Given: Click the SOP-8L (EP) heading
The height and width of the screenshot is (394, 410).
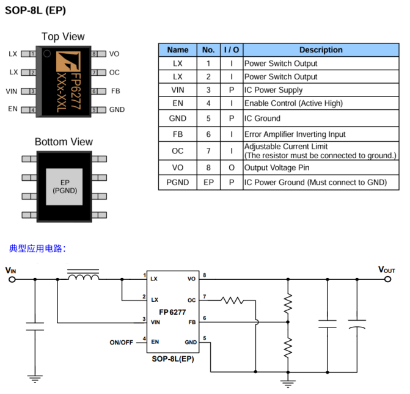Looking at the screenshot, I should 35,10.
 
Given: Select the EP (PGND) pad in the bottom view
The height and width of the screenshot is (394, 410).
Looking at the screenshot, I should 64,186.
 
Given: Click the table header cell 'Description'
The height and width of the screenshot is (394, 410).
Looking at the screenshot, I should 320,50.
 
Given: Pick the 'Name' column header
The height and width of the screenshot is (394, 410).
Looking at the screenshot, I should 177,50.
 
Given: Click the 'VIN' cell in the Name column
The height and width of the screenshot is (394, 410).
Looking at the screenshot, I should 177,90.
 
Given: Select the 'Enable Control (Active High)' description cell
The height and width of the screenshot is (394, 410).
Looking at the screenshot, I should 293,103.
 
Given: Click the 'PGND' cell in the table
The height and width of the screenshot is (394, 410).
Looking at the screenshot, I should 177,182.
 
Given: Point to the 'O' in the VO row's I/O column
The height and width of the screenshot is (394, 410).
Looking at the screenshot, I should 231,167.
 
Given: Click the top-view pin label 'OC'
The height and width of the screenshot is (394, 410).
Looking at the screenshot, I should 114,73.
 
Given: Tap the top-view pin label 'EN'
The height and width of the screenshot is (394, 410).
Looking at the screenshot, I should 13,109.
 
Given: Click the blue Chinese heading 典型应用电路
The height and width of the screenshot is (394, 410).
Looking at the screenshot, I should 37,249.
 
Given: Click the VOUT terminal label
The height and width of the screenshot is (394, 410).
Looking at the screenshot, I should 387,269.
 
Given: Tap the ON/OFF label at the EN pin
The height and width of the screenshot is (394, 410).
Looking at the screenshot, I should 121,343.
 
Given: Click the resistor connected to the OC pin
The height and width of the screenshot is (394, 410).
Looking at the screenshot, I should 232,300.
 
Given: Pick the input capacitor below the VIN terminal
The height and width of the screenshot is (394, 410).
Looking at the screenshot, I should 35,326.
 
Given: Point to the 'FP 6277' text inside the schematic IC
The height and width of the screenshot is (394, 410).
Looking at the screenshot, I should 173,312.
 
